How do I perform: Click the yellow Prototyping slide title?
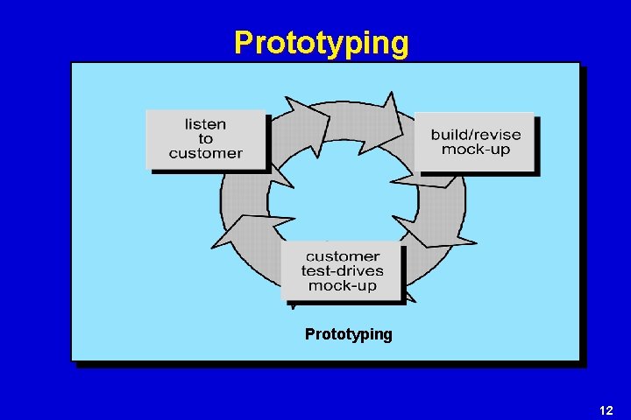coord(321,42)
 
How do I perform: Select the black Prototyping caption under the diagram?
coord(349,334)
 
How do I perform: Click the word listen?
coord(205,124)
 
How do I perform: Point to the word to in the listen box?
coord(205,139)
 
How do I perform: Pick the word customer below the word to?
coord(205,153)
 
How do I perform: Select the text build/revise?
coord(475,135)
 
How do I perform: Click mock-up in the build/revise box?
coord(475,150)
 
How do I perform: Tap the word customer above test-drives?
coord(342,256)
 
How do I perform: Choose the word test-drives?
coord(342,271)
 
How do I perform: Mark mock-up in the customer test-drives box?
coord(342,285)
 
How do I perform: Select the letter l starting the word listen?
coord(187,124)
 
